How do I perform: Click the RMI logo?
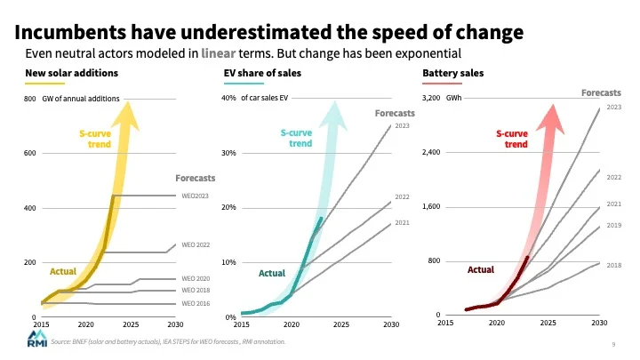[x=37, y=339]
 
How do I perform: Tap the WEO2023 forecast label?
[x=195, y=196]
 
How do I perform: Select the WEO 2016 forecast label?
[x=196, y=303]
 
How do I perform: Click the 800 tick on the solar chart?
[x=30, y=99]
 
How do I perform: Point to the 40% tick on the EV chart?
[x=228, y=98]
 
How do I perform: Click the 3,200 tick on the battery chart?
[x=431, y=98]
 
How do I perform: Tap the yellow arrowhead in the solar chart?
[x=127, y=116]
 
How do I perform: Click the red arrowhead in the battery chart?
[x=551, y=118]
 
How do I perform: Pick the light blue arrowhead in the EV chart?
[x=334, y=116]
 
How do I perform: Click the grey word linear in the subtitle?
[x=219, y=53]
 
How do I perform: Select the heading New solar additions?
[x=71, y=73]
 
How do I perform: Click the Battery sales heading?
[x=453, y=73]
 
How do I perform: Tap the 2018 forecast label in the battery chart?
[x=614, y=265]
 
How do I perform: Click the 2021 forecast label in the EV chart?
[x=402, y=222]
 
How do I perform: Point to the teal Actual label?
[x=272, y=273]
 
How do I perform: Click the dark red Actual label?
[x=481, y=269]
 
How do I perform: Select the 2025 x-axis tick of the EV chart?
[x=341, y=324]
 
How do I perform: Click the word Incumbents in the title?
[x=70, y=32]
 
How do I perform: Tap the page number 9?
[x=613, y=345]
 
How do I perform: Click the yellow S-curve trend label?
[x=95, y=139]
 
